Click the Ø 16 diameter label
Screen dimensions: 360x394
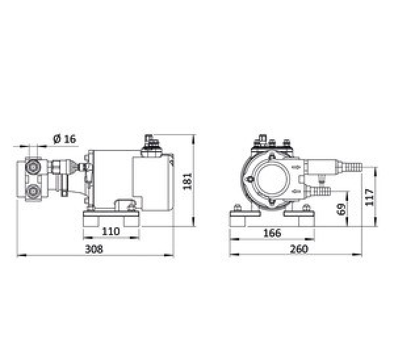click(64, 139)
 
